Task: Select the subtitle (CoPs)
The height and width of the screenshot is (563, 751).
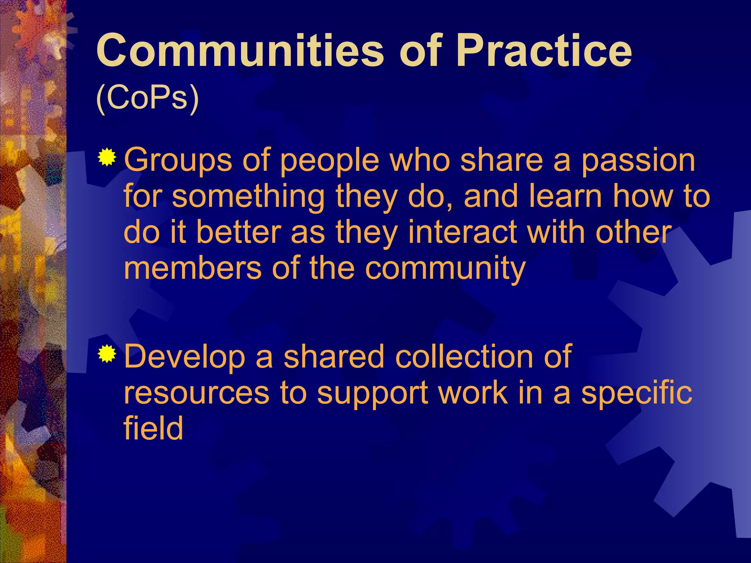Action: pos(147,98)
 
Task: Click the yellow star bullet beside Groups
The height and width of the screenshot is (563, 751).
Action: pos(107,158)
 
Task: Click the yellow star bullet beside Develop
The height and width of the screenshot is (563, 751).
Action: pos(107,354)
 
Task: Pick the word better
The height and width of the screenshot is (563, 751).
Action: pos(239,232)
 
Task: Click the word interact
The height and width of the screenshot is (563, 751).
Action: pos(462,232)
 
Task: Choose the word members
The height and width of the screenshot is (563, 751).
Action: pos(193,268)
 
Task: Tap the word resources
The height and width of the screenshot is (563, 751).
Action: pos(196,393)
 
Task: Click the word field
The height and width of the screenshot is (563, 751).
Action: pos(153,428)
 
